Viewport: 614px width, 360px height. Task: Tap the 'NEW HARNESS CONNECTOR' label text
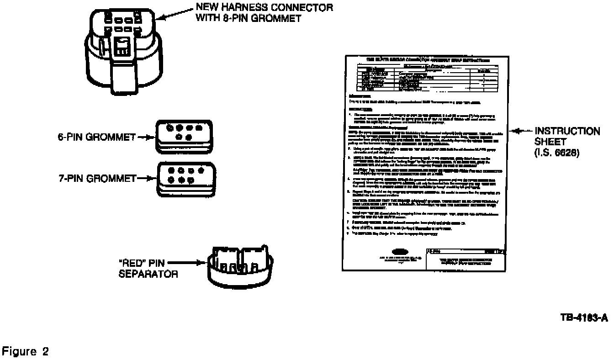click(x=264, y=8)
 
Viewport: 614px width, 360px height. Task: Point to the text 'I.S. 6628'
click(x=557, y=154)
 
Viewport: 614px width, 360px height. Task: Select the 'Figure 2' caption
click(x=26, y=352)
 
